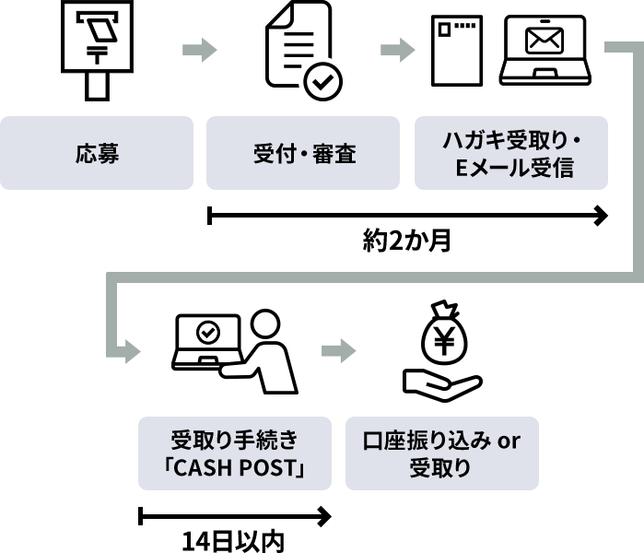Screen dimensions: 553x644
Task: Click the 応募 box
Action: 97,153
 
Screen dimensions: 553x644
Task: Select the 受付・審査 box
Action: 303,153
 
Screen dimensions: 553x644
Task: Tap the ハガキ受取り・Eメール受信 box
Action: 511,153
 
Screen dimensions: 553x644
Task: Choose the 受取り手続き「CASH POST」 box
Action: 234,453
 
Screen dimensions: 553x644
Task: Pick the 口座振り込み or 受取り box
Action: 441,453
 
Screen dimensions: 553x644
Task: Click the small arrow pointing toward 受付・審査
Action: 199,50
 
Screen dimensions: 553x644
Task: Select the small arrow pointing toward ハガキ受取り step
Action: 398,50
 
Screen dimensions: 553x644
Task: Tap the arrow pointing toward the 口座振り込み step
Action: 338,350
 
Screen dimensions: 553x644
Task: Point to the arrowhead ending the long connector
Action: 132,350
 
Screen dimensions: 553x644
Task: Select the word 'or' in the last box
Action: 509,441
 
